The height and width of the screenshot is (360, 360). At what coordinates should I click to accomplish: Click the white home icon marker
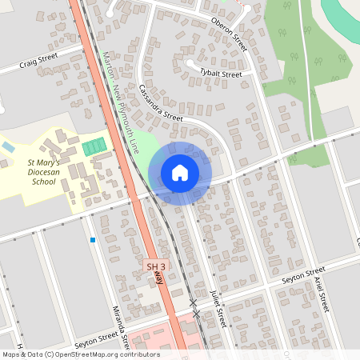click(x=180, y=172)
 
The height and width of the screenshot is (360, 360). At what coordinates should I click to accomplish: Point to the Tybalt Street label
click(x=220, y=74)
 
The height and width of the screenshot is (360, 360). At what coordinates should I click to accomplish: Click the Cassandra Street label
click(x=160, y=103)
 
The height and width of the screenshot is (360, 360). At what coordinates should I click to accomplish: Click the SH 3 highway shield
click(x=156, y=266)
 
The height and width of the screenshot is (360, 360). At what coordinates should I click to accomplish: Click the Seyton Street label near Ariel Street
click(x=304, y=276)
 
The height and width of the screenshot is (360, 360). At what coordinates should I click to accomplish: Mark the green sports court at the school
click(x=94, y=147)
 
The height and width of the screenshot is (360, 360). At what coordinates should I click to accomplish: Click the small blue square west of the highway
click(x=93, y=239)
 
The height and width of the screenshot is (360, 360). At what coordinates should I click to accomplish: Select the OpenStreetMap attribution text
click(x=80, y=354)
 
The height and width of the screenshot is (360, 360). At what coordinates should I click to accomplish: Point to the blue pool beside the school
click(x=7, y=147)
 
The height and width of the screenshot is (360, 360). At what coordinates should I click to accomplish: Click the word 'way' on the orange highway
click(x=159, y=278)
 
